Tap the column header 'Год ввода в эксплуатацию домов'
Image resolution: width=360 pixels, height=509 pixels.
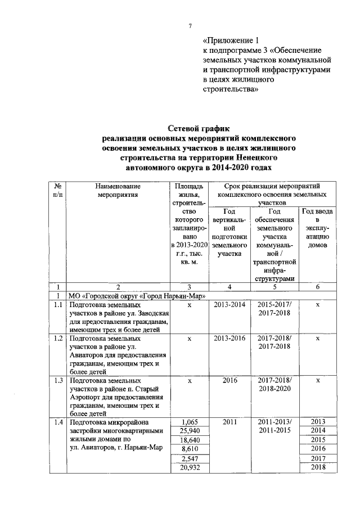pyautogui.click(x=318, y=231)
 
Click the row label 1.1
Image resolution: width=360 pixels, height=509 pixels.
pyautogui.click(x=56, y=304)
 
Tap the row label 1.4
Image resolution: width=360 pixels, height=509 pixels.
pyautogui.click(x=56, y=421)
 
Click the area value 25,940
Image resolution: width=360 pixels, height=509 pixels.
pyautogui.click(x=189, y=430)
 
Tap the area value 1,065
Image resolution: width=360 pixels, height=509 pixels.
pyautogui.click(x=189, y=421)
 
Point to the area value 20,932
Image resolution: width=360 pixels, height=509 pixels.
pyautogui.click(x=189, y=468)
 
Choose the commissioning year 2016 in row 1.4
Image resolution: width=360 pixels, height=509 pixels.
pyautogui.click(x=318, y=448)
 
